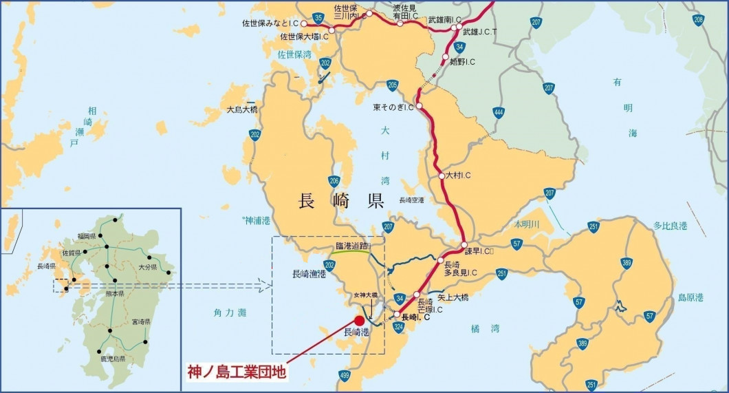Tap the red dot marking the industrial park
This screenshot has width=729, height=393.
pyautogui.click(x=359, y=321)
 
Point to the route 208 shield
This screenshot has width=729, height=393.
pyautogui.click(x=699, y=20)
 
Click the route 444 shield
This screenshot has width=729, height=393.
pyautogui.click(x=498, y=112)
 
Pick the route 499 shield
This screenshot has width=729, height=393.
pyautogui.click(x=345, y=375)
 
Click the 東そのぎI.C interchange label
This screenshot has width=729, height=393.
pyautogui.click(x=393, y=107)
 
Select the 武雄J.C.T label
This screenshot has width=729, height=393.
pyautogui.click(x=480, y=32)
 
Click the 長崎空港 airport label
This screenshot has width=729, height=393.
pyautogui.click(x=412, y=200)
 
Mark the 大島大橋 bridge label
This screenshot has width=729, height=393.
pyautogui.click(x=242, y=109)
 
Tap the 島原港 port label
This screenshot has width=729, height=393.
pyautogui.click(x=691, y=297)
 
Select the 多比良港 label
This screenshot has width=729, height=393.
pyautogui.click(x=671, y=225)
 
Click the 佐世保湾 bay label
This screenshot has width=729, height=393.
pyautogui.click(x=294, y=54)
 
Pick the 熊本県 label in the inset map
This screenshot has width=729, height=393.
pyautogui.click(x=113, y=293)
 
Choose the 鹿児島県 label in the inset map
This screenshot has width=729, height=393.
pyautogui.click(x=112, y=359)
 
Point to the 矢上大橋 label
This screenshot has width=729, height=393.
pyautogui.click(x=453, y=297)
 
